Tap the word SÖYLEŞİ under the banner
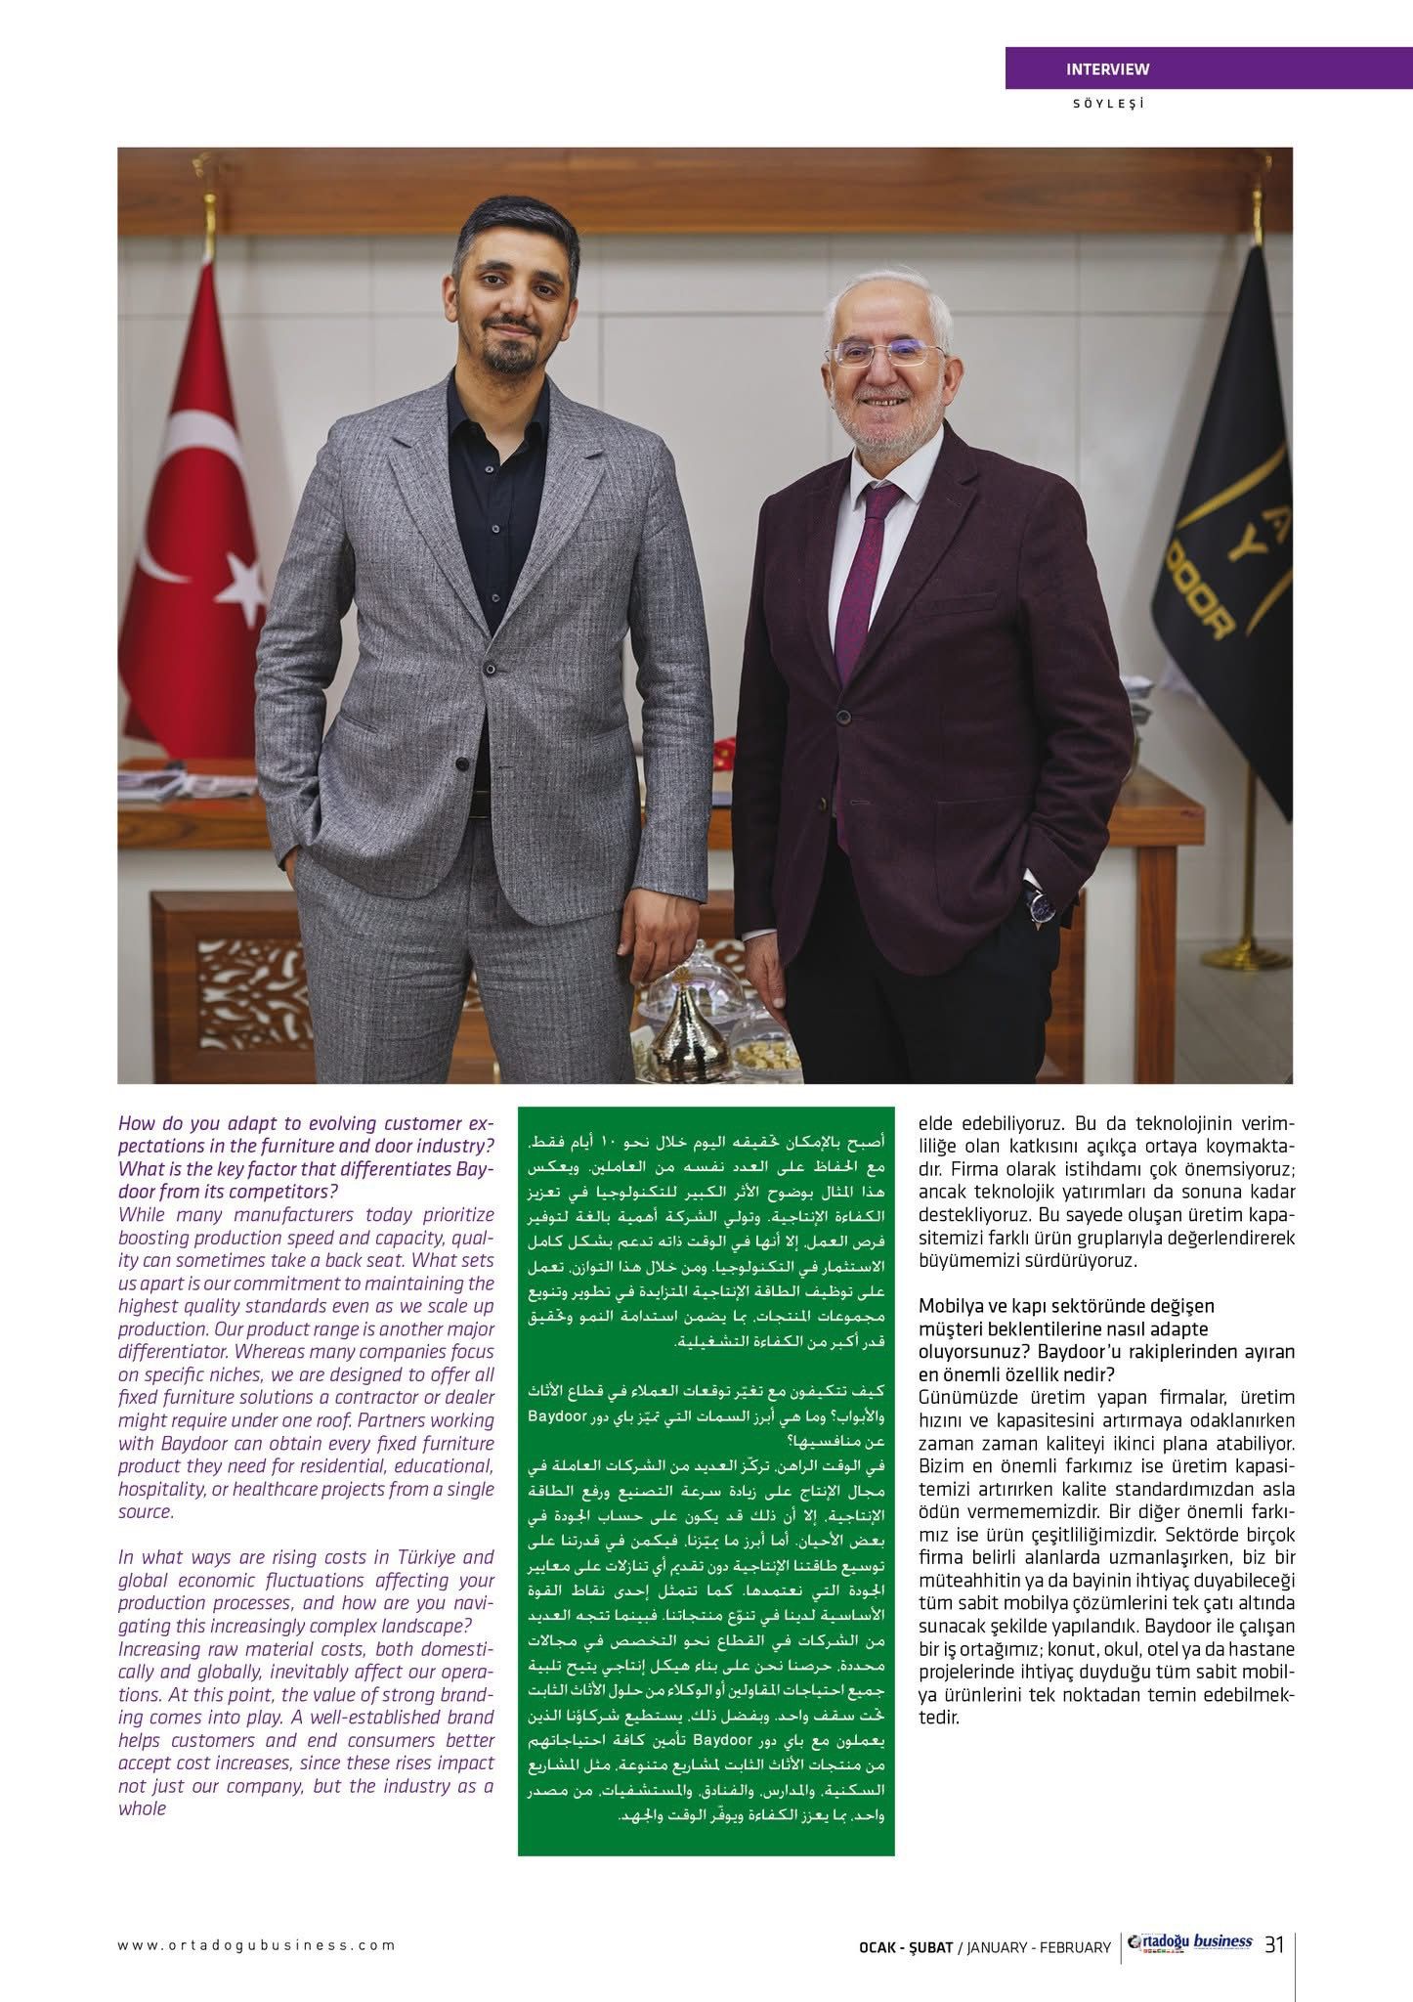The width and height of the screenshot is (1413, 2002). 1107,103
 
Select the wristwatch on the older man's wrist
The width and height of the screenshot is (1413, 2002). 1040,905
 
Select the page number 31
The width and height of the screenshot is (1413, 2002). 1274,1944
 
